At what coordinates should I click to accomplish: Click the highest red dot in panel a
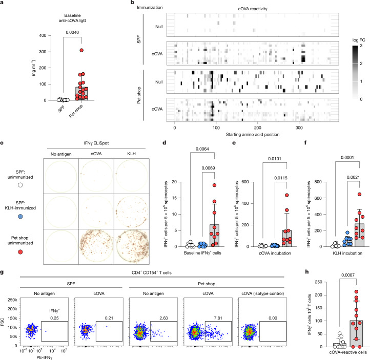coord(81,50)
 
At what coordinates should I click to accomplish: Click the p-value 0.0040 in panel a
coord(72,32)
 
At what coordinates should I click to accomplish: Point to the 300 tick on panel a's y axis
coord(43,52)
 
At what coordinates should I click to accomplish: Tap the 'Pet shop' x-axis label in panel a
coord(76,111)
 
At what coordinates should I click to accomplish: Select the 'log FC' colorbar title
coord(359,40)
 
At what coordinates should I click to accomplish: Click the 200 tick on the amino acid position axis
coord(258,128)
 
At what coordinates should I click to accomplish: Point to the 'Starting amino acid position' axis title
coord(253,134)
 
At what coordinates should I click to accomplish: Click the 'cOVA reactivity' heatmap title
coord(253,9)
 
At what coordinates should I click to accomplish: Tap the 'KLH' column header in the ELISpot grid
coord(131,154)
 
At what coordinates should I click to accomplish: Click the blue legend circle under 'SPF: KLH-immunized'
coord(20,217)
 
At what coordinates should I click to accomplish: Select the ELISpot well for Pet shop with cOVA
coord(96,247)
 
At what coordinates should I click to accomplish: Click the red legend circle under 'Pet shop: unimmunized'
coord(20,252)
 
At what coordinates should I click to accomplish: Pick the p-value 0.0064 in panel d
coord(202,149)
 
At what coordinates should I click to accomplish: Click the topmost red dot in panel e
coord(286,195)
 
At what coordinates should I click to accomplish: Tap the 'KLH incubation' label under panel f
coord(347,253)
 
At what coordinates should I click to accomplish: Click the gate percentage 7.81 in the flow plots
coord(218,318)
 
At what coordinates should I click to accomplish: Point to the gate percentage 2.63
coord(163,318)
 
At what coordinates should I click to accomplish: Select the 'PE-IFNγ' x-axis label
coord(45,357)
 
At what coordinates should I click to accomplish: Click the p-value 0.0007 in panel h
coord(348,275)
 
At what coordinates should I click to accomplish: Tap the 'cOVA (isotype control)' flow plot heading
coord(262,293)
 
